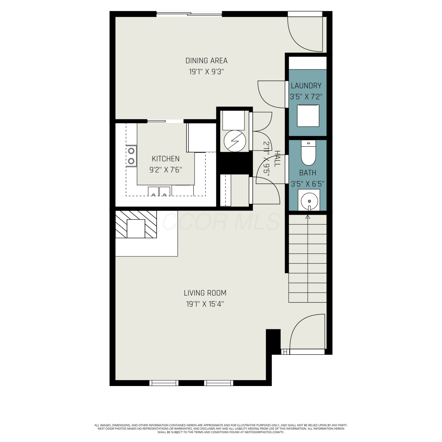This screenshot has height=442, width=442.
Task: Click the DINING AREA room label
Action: click(x=206, y=61)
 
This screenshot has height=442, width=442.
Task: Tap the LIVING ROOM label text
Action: click(x=205, y=293)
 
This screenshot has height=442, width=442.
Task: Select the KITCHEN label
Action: click(x=166, y=159)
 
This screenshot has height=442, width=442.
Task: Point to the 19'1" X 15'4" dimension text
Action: click(x=205, y=304)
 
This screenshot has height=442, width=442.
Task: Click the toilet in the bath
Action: click(x=308, y=153)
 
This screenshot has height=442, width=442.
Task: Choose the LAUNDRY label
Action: click(x=306, y=86)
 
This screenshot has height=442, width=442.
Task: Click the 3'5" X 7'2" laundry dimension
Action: click(x=306, y=97)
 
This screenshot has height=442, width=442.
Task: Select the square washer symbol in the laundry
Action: click(x=308, y=116)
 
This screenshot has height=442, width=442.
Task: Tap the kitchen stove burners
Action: click(x=131, y=156)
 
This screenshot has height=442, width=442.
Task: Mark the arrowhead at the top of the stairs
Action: click(x=308, y=217)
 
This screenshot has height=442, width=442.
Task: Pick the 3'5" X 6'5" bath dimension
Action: click(x=308, y=184)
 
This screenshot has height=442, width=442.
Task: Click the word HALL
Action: click(x=277, y=159)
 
